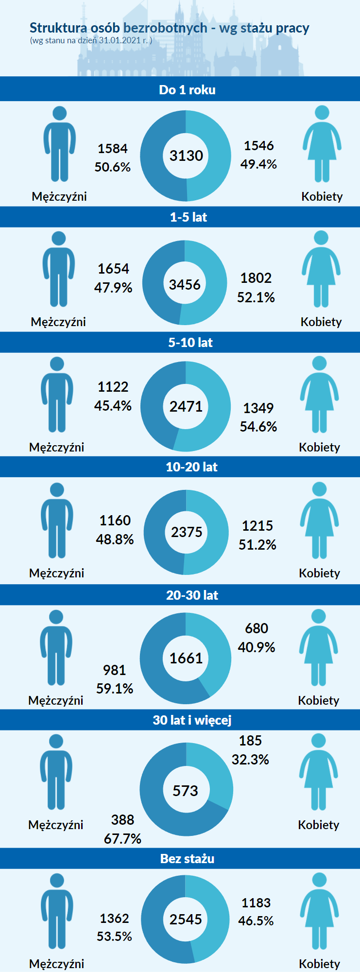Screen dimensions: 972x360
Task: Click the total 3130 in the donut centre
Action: [186, 156]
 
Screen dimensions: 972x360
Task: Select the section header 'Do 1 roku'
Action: [187, 90]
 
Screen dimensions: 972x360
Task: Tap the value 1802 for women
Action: [256, 278]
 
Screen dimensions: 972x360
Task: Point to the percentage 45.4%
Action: [113, 406]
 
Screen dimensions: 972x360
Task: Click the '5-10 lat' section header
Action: [190, 343]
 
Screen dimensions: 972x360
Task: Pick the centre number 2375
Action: [186, 532]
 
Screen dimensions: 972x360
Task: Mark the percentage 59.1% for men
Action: [115, 689]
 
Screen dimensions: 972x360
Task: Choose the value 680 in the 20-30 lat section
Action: [257, 628]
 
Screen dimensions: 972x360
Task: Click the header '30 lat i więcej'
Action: [192, 720]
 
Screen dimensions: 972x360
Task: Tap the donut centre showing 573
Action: [186, 791]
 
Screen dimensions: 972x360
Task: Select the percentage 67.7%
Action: [122, 839]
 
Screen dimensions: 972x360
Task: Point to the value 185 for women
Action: [250, 741]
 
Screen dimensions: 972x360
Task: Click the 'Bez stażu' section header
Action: [188, 859]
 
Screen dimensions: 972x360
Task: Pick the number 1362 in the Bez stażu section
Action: [114, 919]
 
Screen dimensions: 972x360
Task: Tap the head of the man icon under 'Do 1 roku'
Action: [60, 114]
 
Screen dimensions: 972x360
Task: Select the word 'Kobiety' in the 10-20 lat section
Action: [319, 573]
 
